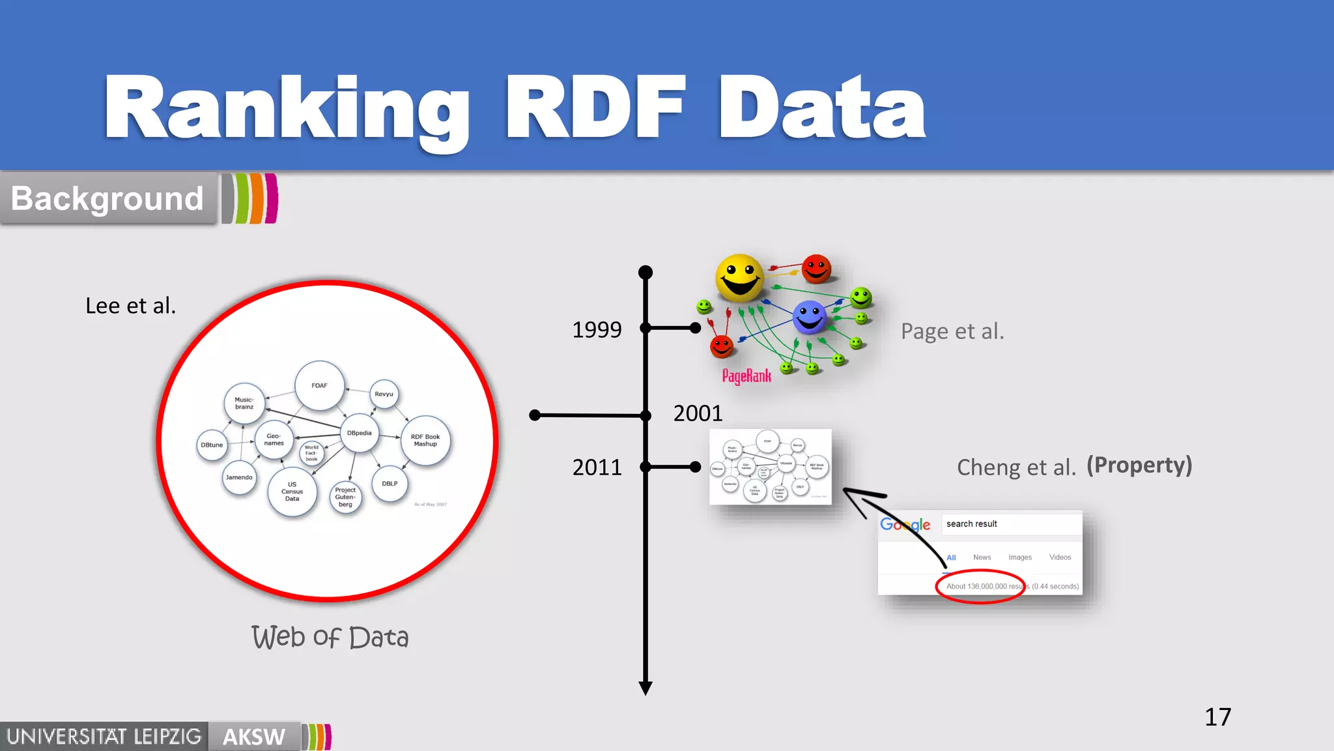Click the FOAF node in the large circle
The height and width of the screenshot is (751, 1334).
click(x=319, y=385)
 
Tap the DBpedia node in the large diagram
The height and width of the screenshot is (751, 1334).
click(x=359, y=433)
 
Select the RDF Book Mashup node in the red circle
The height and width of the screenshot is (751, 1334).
click(x=425, y=441)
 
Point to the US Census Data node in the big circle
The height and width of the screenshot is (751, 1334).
click(x=292, y=492)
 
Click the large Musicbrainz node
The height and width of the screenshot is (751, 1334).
click(x=244, y=404)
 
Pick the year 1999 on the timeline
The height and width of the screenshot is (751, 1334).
click(x=597, y=329)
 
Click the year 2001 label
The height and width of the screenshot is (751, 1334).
click(x=698, y=413)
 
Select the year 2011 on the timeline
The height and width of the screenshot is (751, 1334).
click(x=597, y=467)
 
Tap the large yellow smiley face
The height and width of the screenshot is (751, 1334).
click(x=739, y=277)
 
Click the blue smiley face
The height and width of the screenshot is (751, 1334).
click(x=810, y=317)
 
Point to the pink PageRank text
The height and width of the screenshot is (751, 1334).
click(x=746, y=376)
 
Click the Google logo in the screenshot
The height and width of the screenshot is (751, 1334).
click(x=905, y=525)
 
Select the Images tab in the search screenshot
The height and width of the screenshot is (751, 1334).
click(x=1019, y=557)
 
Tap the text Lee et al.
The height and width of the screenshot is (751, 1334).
click(x=131, y=306)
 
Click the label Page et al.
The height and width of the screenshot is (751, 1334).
click(x=952, y=331)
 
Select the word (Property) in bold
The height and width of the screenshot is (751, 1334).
click(x=1139, y=465)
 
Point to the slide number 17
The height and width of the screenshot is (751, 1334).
click(x=1217, y=717)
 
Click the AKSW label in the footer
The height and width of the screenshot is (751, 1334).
click(x=254, y=737)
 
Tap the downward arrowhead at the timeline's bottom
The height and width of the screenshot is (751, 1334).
click(x=646, y=688)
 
